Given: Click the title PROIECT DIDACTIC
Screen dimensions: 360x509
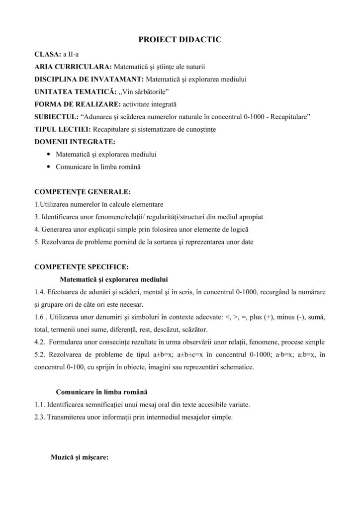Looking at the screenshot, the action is point(180,39).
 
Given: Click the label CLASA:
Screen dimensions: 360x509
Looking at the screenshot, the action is point(47,53).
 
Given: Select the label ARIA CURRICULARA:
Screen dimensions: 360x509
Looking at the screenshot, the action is point(73,66).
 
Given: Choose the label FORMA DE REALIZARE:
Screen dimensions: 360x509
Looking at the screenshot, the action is point(77,105).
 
